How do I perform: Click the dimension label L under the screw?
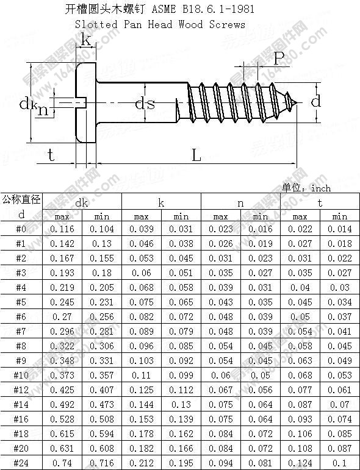tap(196, 155)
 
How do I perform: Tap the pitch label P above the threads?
tap(278, 59)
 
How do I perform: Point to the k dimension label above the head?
tap(87, 40)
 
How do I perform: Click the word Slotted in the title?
tap(96, 24)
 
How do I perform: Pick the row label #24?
tap(21, 463)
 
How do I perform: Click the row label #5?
tap(21, 302)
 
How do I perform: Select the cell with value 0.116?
tap(62, 229)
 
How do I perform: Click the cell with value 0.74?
tap(62, 463)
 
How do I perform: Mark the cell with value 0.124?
tap(300, 463)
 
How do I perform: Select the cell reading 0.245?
tap(62, 302)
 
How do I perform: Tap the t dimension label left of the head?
tap(51, 155)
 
